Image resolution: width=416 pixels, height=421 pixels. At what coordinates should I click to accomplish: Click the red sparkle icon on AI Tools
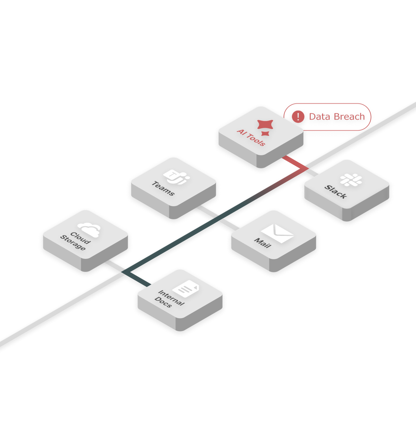tap(265, 127)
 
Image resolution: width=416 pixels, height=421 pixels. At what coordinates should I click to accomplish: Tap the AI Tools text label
tap(251, 137)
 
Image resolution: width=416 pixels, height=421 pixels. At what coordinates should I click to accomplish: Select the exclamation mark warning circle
tap(298, 116)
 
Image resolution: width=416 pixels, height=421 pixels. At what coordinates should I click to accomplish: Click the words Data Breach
tap(337, 117)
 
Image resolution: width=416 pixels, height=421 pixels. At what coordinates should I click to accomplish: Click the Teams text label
tap(163, 188)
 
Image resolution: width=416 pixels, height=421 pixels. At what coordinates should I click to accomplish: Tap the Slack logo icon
tap(351, 180)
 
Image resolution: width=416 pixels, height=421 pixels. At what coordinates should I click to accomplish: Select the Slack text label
tap(335, 192)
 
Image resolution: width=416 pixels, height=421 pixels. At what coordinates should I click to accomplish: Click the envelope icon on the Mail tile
tap(277, 233)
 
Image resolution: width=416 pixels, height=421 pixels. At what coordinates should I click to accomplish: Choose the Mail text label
tap(263, 243)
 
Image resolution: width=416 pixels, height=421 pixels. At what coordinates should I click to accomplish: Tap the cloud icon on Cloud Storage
tap(89, 230)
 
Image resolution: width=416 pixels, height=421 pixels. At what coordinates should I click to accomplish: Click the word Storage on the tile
tap(73, 243)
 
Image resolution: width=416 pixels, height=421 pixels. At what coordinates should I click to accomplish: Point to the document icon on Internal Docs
tap(186, 289)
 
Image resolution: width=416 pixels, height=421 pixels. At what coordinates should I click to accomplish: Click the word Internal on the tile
tap(171, 298)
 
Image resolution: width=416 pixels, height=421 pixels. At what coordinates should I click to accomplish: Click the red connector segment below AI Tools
tap(295, 162)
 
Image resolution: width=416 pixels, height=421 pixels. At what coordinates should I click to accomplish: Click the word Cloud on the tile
tap(80, 238)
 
